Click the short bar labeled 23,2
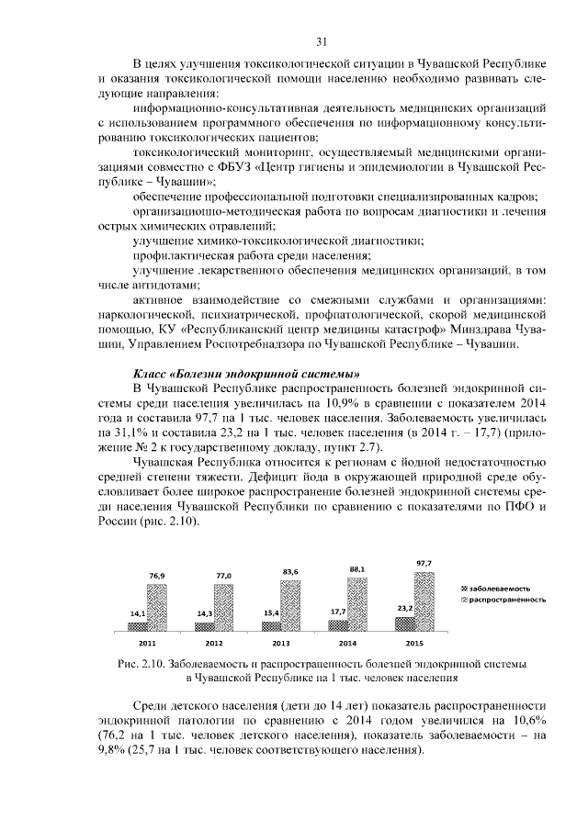(x=404, y=623)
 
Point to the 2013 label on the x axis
(x=280, y=644)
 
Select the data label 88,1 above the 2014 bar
(x=356, y=569)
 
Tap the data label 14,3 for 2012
(x=204, y=612)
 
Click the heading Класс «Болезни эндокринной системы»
(x=246, y=374)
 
